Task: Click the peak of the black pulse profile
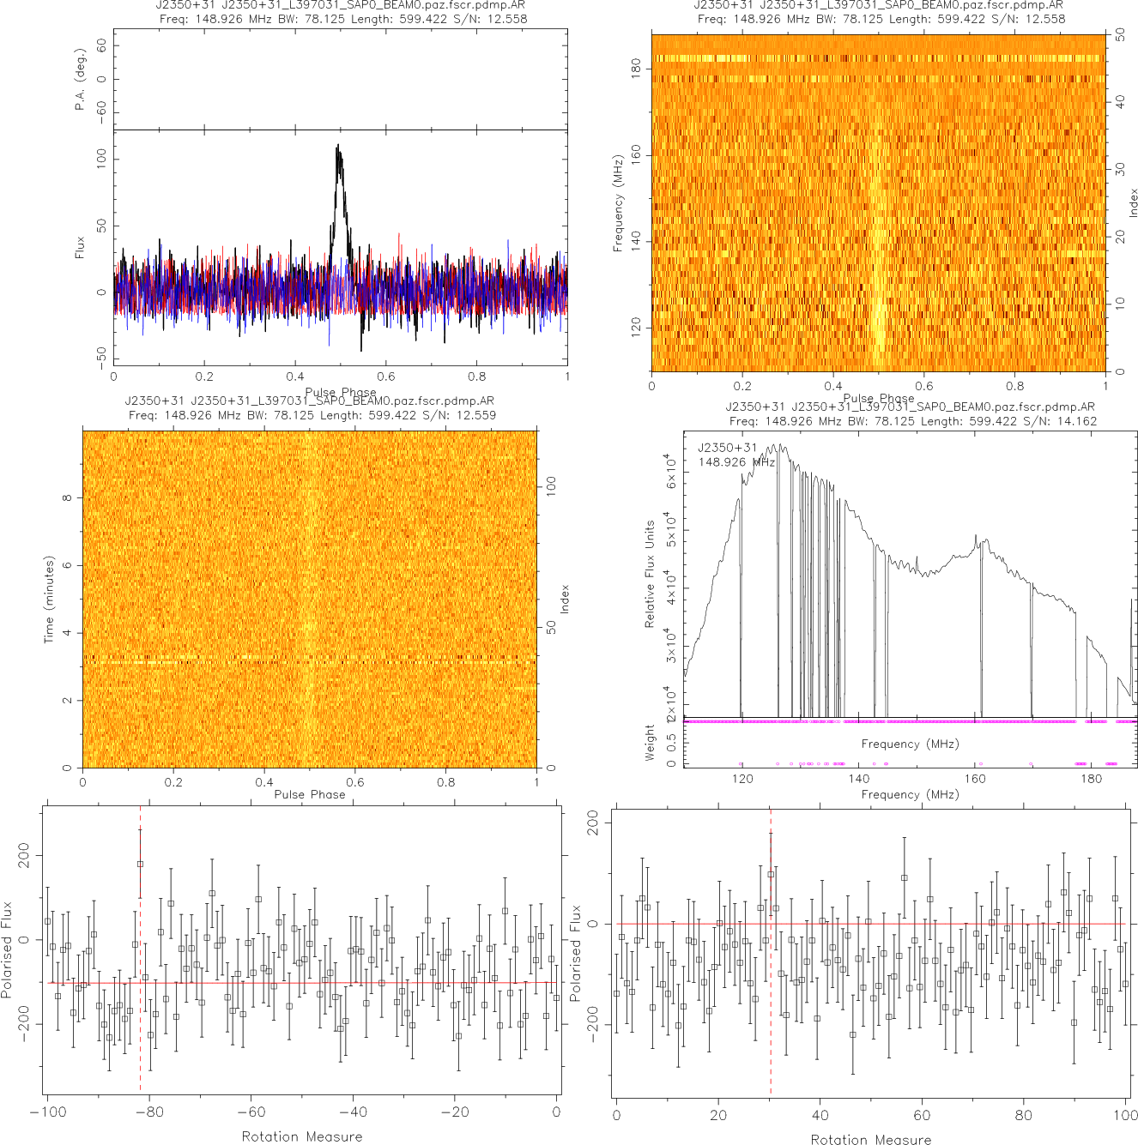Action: pyautogui.click(x=338, y=147)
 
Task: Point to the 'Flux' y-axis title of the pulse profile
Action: pyautogui.click(x=80, y=248)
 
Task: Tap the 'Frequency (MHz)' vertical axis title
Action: pyautogui.click(x=618, y=203)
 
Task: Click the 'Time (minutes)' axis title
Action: pyautogui.click(x=49, y=600)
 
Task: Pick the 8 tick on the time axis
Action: pyautogui.click(x=67, y=497)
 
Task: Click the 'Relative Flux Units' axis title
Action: pyautogui.click(x=650, y=574)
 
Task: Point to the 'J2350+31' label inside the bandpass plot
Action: pyautogui.click(x=727, y=447)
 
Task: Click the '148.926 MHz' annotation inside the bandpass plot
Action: pyautogui.click(x=735, y=462)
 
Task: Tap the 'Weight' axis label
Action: pyautogui.click(x=650, y=743)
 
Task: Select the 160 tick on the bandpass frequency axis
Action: pyautogui.click(x=975, y=779)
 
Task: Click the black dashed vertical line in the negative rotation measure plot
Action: pyautogui.click(x=140, y=1012)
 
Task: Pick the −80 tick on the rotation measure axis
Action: pyautogui.click(x=148, y=1112)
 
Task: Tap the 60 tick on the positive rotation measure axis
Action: pyautogui.click(x=922, y=1115)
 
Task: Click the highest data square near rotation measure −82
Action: pyautogui.click(x=141, y=864)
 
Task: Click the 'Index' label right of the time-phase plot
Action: pyautogui.click(x=565, y=599)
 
